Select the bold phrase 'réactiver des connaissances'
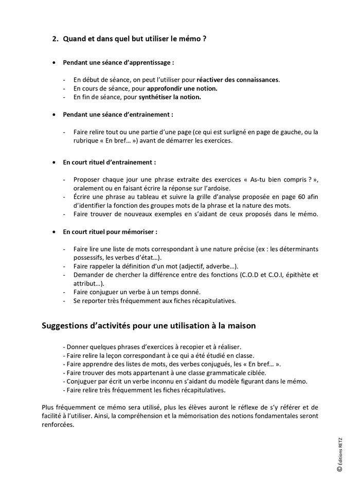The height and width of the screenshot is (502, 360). pos(238,80)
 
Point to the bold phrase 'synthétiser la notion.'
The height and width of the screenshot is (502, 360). pos(170,97)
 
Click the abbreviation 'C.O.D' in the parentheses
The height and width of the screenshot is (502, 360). pos(250,275)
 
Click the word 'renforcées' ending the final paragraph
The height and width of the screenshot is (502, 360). pos(58,425)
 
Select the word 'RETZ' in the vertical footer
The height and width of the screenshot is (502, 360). pos(339,442)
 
